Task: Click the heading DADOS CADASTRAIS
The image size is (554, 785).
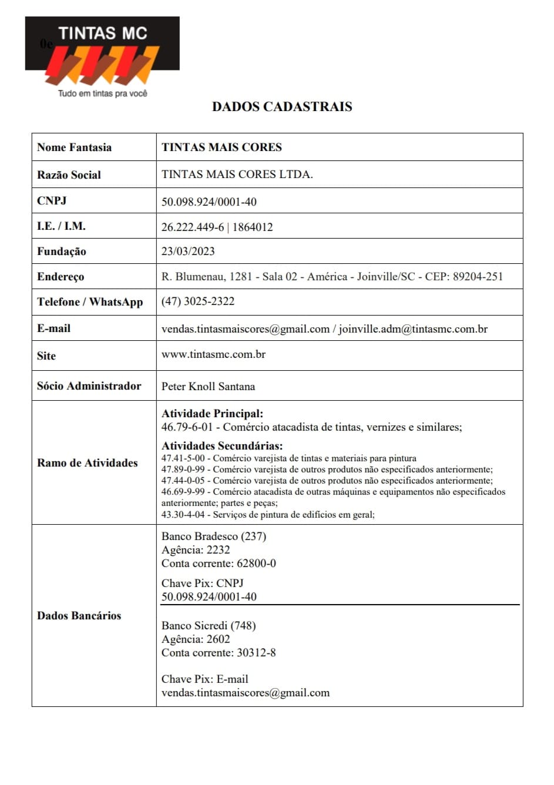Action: pyautogui.click(x=282, y=107)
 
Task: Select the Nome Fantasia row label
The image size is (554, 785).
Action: pyautogui.click(x=74, y=147)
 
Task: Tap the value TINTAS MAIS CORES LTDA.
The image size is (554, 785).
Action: pyautogui.click(x=237, y=175)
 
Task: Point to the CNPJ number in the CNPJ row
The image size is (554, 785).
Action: pyautogui.click(x=209, y=202)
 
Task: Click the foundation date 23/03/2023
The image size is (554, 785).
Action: pyautogui.click(x=188, y=251)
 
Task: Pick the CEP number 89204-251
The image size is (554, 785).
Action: pyautogui.click(x=478, y=277)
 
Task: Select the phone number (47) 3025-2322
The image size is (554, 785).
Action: pyautogui.click(x=198, y=301)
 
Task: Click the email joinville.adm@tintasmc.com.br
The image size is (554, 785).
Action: pyautogui.click(x=413, y=329)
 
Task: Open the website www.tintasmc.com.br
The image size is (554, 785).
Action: pyautogui.click(x=213, y=354)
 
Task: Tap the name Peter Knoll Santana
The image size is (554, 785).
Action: pyautogui.click(x=208, y=387)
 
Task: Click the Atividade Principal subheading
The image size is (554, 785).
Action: pyautogui.click(x=212, y=414)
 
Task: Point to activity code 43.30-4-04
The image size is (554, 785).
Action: pyautogui.click(x=183, y=515)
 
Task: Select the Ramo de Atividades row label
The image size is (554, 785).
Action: pyautogui.click(x=87, y=463)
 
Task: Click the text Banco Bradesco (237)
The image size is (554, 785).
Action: pyautogui.click(x=214, y=536)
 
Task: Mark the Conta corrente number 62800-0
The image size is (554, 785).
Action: pyautogui.click(x=256, y=563)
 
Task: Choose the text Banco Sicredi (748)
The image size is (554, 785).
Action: pyautogui.click(x=209, y=626)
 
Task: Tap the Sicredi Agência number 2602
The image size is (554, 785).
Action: pyautogui.click(x=218, y=639)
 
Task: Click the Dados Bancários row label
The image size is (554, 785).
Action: pyautogui.click(x=79, y=616)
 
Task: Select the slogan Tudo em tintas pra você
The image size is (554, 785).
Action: pyautogui.click(x=102, y=93)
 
